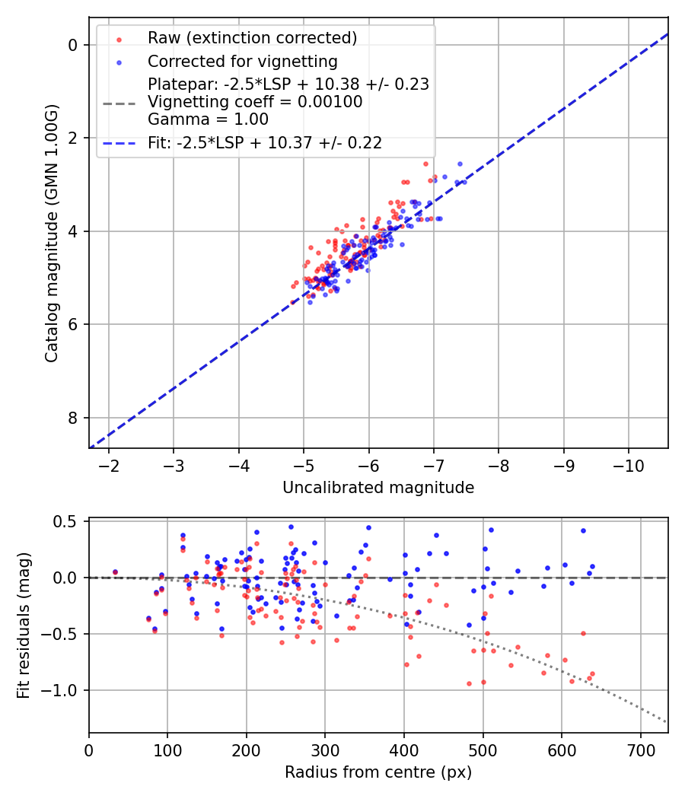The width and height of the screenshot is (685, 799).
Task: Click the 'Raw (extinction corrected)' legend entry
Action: point(252,38)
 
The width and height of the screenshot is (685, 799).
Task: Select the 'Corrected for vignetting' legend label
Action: point(242,61)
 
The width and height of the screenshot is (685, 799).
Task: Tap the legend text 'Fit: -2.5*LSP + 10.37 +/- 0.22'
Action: point(264,142)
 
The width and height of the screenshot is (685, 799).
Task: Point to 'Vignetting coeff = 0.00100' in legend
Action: point(255,102)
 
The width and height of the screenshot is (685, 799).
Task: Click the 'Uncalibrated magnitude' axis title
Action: point(378,488)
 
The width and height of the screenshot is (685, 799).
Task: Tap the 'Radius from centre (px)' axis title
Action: point(378,772)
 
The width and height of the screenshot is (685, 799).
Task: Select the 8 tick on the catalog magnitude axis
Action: point(74,418)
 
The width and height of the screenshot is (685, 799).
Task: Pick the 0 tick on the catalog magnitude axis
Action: point(74,45)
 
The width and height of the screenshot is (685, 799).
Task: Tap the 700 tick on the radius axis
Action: point(640,750)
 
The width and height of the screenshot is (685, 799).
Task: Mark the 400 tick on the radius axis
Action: point(404,750)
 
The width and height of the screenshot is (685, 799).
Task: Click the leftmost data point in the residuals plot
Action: point(115,571)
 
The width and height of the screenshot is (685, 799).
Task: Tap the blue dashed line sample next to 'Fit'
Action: point(118,142)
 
